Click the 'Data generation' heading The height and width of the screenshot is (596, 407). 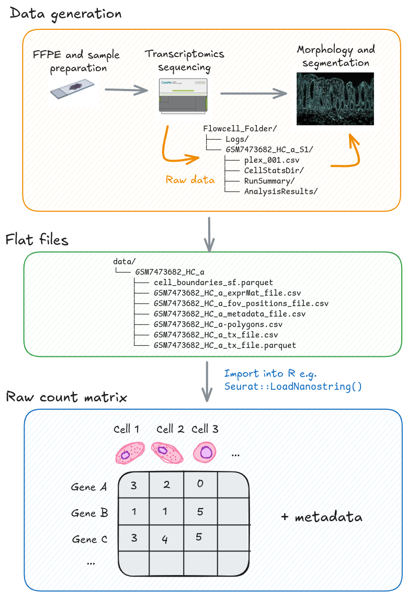[65, 14]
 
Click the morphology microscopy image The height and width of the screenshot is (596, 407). [335, 98]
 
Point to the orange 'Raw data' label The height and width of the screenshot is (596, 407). [190, 179]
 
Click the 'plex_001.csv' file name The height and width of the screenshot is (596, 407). [272, 160]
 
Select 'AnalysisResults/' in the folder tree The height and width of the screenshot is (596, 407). [280, 191]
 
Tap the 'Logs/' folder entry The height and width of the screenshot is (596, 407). [237, 139]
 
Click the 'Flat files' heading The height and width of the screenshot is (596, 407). [37, 240]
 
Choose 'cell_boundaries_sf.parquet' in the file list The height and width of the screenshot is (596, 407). [213, 283]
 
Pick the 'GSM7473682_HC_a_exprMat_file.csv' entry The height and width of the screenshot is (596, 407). [228, 293]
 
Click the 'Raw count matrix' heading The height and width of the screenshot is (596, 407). [66, 397]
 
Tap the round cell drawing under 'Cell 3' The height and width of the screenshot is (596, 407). [204, 452]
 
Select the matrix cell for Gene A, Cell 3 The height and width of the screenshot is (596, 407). [200, 484]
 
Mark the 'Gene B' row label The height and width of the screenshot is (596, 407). [90, 513]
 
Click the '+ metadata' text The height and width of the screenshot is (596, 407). [321, 517]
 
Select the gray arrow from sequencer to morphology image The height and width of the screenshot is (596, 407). [254, 94]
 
